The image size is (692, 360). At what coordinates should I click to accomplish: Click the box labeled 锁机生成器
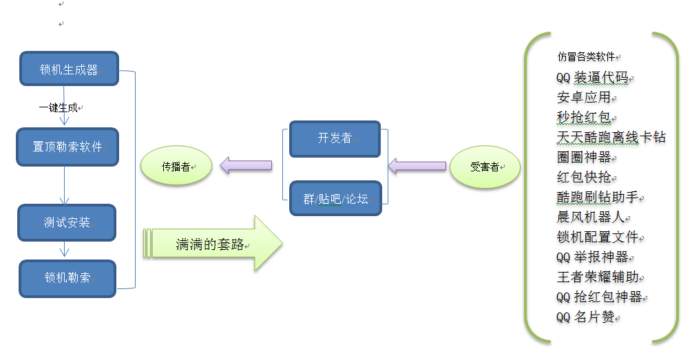coord(70,69)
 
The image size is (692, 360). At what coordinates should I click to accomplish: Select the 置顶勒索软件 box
coord(67,147)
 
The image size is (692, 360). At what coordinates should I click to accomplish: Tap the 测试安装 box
coord(67,222)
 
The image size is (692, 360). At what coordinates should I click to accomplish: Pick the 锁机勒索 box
coord(67,278)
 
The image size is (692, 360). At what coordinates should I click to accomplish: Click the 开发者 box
coord(335,139)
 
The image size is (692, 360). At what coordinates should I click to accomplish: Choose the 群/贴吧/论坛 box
coord(335,198)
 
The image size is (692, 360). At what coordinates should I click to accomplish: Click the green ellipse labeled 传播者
coord(176,166)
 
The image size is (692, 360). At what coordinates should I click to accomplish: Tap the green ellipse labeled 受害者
coord(485,167)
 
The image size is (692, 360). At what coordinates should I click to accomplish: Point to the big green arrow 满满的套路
coord(212,244)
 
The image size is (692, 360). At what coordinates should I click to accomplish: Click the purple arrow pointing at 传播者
coord(246,165)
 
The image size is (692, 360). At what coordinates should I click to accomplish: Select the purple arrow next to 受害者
coord(417,166)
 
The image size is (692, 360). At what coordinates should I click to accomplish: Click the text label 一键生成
coord(59,107)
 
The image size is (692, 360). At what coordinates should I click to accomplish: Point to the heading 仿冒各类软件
coord(586,56)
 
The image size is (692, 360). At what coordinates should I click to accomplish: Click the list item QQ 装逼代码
coord(592,78)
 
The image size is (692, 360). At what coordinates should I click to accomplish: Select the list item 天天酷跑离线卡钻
coord(611,137)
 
